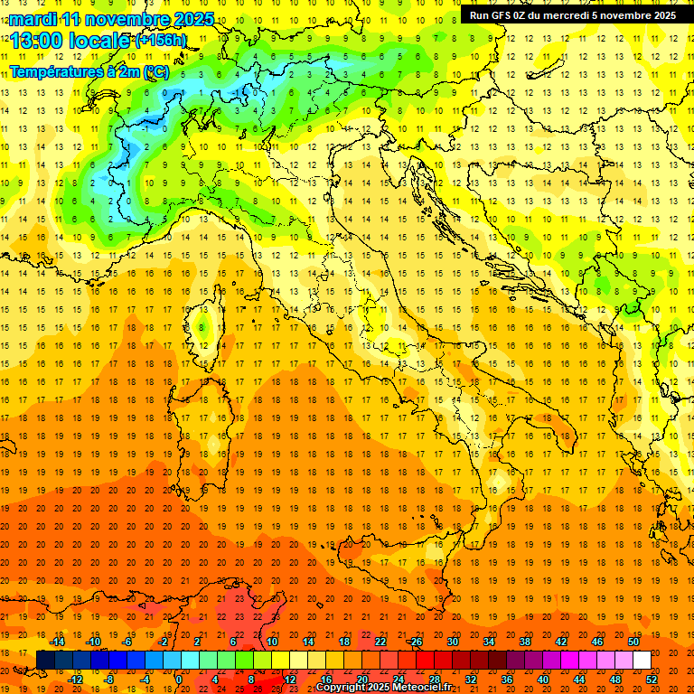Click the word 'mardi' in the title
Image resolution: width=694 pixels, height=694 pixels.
[x=33, y=19]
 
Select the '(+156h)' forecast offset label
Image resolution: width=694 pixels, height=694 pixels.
[x=161, y=41]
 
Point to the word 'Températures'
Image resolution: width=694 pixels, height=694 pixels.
[x=56, y=71]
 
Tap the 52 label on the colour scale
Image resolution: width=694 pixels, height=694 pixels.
[x=652, y=680]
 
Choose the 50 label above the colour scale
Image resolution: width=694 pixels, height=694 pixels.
[x=633, y=642]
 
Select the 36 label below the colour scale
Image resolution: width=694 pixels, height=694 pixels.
[x=507, y=680]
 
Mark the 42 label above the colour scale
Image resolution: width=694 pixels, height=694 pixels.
[x=561, y=642]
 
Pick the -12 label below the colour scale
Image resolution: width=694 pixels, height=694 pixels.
[x=75, y=680]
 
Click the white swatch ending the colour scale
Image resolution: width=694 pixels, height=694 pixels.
[x=642, y=661]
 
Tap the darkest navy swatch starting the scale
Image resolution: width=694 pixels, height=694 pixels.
[x=45, y=661]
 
